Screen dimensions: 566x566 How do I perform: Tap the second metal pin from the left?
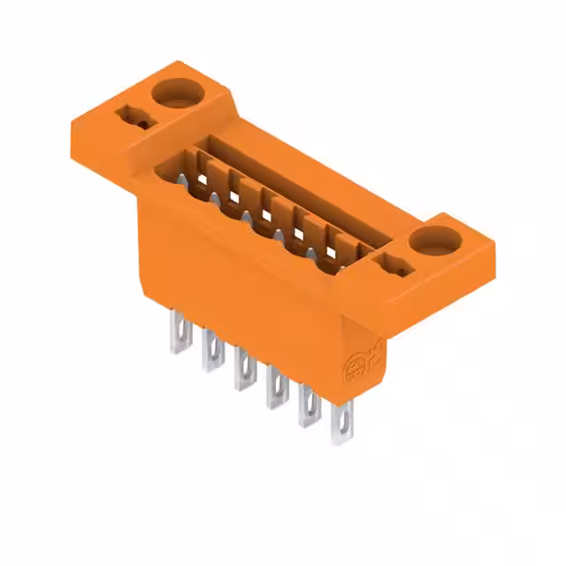pyautogui.click(x=210, y=350)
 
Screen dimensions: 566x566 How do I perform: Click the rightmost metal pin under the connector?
pyautogui.click(x=341, y=422)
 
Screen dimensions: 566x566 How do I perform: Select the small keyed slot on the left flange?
pyautogui.click(x=129, y=116)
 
